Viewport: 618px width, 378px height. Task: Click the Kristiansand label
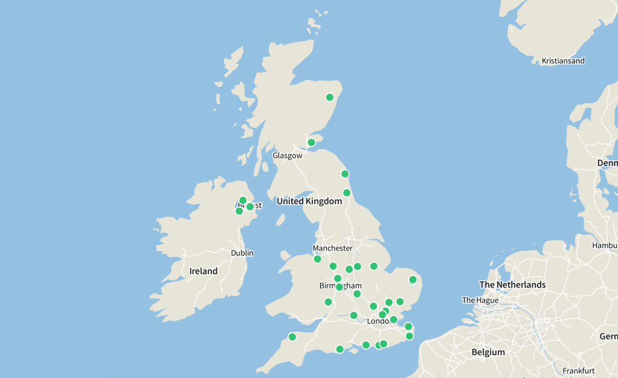(563, 61)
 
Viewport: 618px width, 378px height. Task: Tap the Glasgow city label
(287, 156)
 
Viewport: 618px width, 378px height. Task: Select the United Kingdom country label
(309, 201)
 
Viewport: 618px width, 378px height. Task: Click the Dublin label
(242, 253)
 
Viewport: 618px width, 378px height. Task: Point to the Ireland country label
(204, 271)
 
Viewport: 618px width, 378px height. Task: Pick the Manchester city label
(332, 248)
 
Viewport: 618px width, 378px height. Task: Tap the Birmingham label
(340, 286)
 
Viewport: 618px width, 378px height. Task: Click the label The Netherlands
(512, 285)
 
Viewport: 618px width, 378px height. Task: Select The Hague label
(480, 300)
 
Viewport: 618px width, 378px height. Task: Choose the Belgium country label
(488, 352)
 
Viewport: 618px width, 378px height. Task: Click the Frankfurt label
(578, 371)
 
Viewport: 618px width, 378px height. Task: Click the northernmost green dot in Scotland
(330, 97)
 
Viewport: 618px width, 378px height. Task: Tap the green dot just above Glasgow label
(311, 143)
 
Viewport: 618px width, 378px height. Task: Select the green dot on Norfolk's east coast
(413, 280)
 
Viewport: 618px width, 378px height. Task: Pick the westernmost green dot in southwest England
(292, 337)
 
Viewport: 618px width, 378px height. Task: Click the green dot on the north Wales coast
(317, 259)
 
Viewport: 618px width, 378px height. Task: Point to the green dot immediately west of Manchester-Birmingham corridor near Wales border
(333, 266)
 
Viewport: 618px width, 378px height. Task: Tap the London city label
(378, 321)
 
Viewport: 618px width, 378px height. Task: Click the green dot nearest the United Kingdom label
(347, 193)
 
